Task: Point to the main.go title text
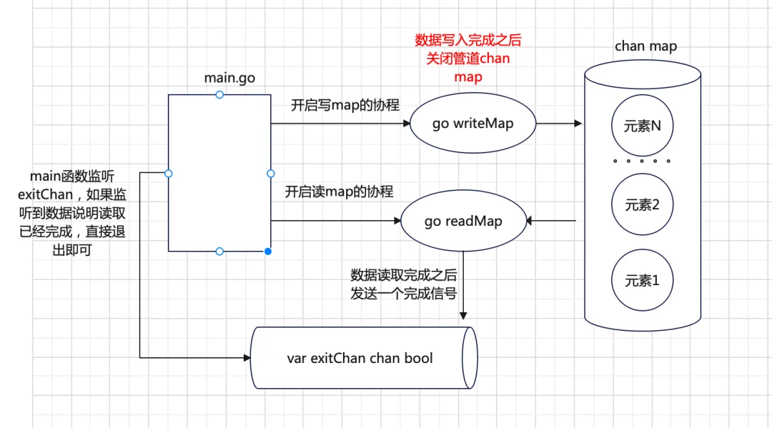point(229,78)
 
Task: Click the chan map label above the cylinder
point(645,46)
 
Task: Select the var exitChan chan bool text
point(360,358)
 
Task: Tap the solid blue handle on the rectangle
point(268,252)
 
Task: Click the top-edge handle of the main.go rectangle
point(219,94)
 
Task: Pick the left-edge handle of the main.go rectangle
point(169,173)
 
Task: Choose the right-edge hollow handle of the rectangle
point(271,173)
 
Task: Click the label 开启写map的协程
point(345,105)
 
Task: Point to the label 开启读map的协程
point(340,192)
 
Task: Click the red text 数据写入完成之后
point(468,40)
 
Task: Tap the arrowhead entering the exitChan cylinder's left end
point(247,358)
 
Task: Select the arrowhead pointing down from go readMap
point(463,316)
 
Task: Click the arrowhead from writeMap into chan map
point(578,124)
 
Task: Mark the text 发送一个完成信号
point(404,294)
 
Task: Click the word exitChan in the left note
point(45,195)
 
